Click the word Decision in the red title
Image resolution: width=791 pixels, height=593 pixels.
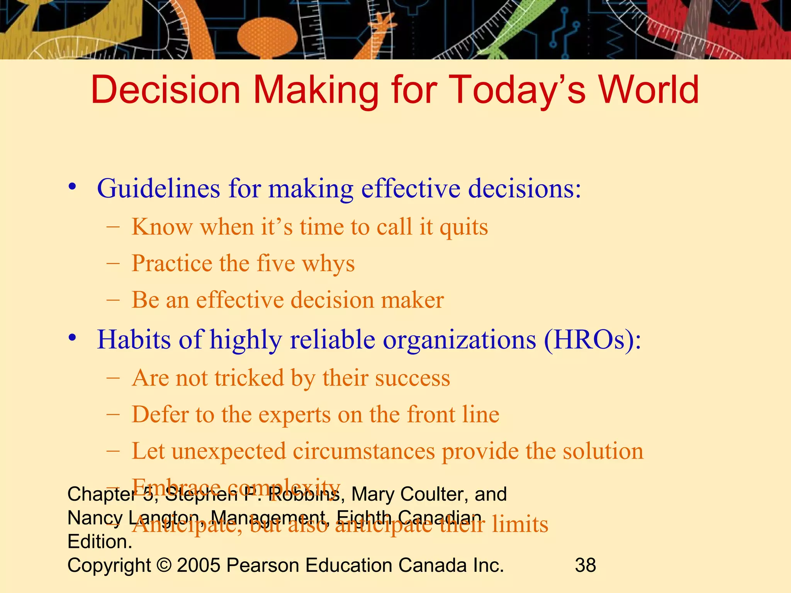pyautogui.click(x=166, y=90)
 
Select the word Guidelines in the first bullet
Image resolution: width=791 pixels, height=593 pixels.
pyautogui.click(x=158, y=189)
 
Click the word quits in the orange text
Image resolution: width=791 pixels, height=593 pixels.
pyautogui.click(x=464, y=227)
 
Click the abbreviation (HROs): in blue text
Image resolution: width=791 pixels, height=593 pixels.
pyautogui.click(x=592, y=340)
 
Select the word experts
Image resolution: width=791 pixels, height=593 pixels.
pyautogui.click(x=294, y=415)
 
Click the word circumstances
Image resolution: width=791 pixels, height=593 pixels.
pyautogui.click(x=364, y=451)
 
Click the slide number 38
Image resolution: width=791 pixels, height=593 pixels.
pyautogui.click(x=585, y=565)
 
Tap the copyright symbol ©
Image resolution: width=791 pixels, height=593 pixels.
pyautogui.click(x=164, y=565)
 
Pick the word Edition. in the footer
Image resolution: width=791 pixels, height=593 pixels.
pyautogui.click(x=100, y=542)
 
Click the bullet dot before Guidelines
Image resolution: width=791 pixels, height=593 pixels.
pyautogui.click(x=72, y=187)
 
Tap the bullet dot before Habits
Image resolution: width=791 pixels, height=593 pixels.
pyautogui.click(x=72, y=338)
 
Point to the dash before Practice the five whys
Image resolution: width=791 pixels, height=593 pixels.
pyautogui.click(x=113, y=264)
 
